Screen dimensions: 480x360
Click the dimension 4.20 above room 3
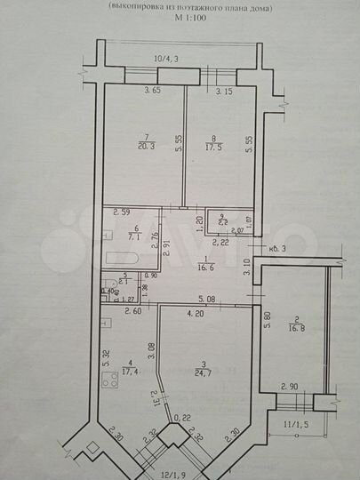coord(196,313)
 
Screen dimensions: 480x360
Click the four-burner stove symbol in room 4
coord(110,381)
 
